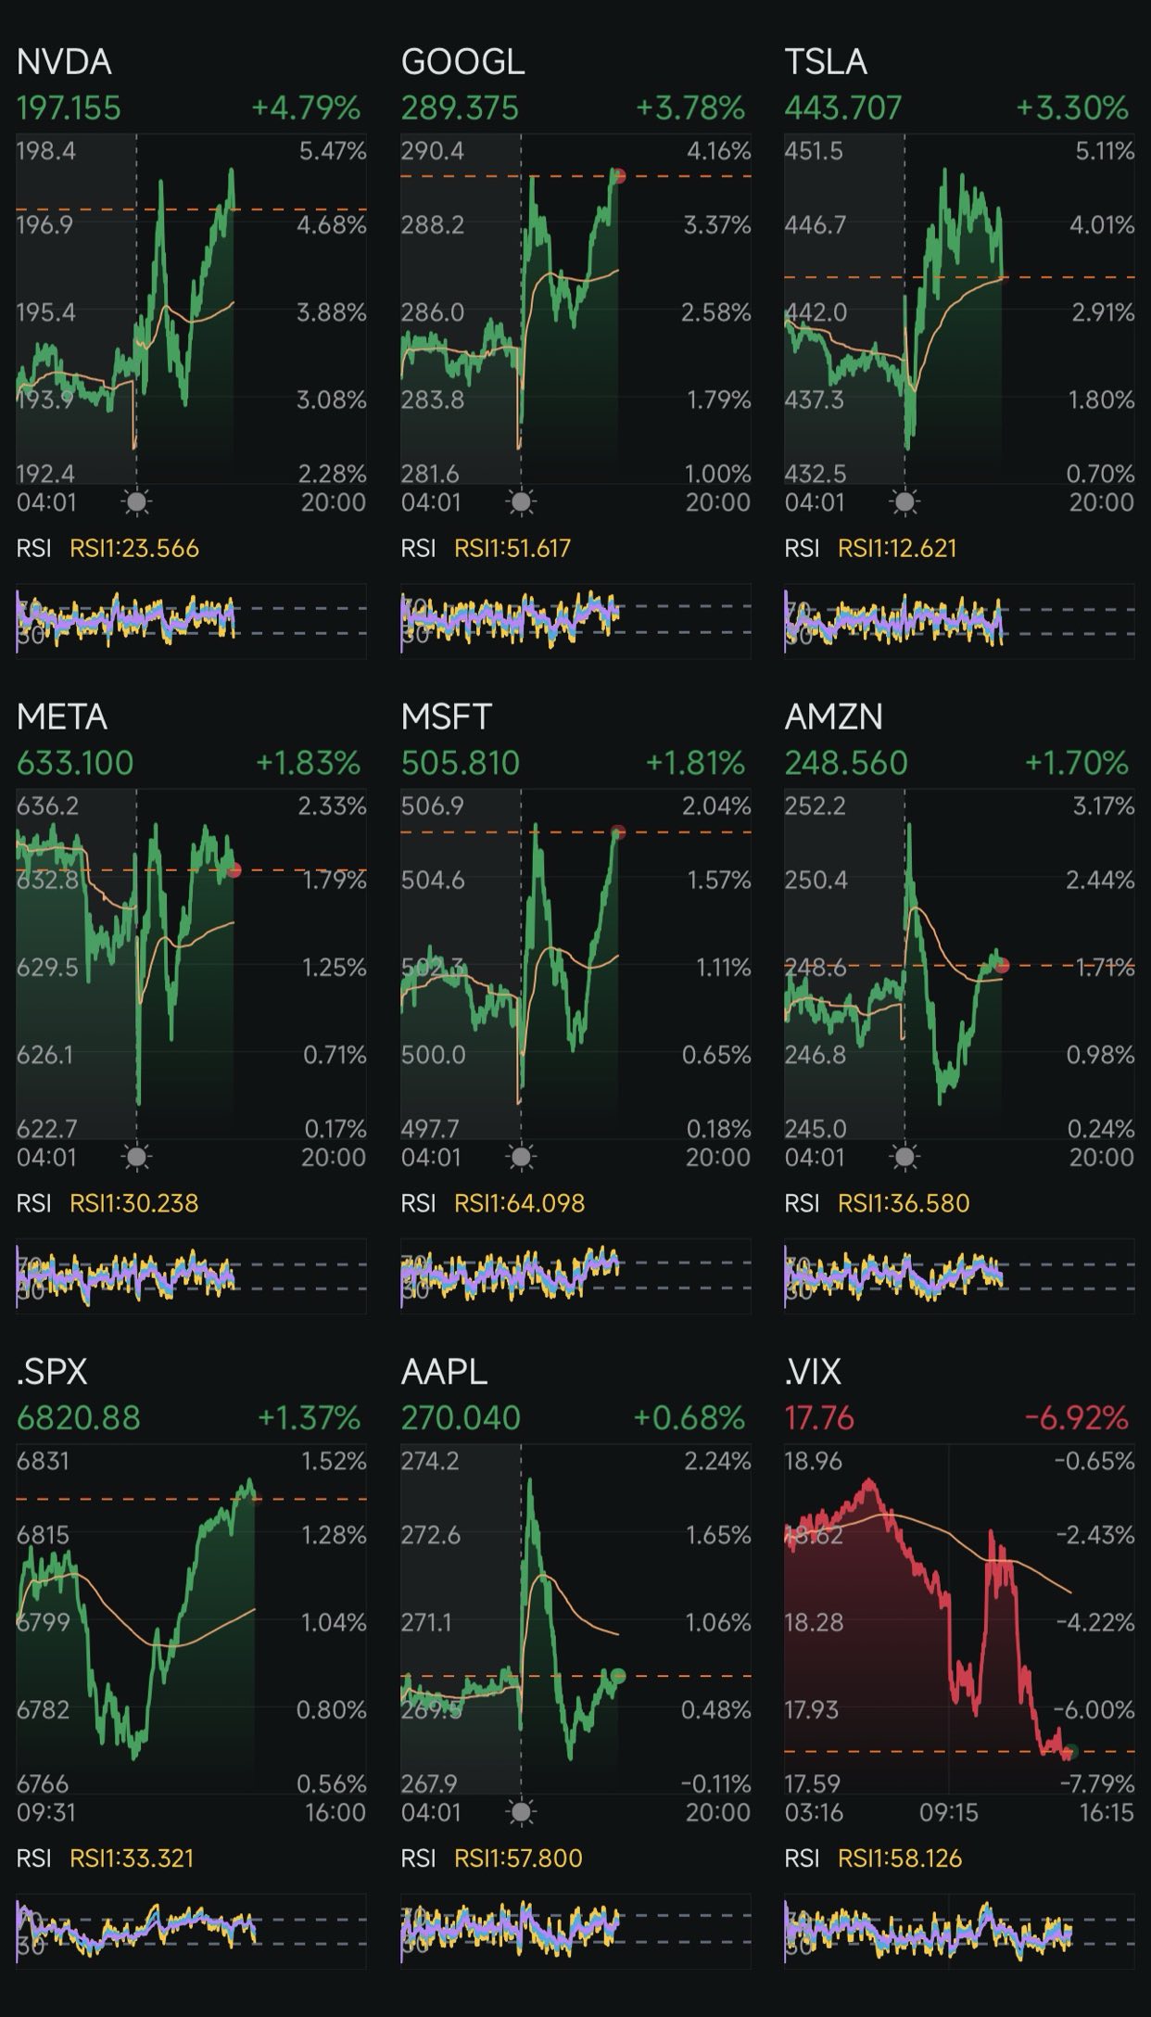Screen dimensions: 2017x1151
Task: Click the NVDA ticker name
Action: (64, 62)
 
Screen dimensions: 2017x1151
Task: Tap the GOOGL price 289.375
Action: (459, 108)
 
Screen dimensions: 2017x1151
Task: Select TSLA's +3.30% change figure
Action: (1072, 108)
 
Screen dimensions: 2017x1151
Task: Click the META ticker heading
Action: (62, 717)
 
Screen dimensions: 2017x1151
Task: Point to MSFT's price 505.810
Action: (460, 763)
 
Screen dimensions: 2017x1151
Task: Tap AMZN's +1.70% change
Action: (1076, 763)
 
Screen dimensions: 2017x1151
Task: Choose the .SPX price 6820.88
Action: (79, 1418)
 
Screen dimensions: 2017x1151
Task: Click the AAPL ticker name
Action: (444, 1372)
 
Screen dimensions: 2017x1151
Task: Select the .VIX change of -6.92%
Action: (1076, 1418)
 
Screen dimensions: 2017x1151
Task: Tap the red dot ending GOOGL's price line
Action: (619, 176)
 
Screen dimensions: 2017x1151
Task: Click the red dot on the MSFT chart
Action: (619, 832)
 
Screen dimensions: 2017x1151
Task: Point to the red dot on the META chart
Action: (234, 869)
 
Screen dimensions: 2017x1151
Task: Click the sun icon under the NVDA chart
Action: (137, 502)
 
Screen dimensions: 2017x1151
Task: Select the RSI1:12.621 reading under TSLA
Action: (896, 549)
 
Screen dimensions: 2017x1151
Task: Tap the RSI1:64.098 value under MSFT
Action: (519, 1203)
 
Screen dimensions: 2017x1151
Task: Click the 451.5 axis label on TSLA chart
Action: (814, 151)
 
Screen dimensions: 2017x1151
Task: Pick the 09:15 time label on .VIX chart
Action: (948, 1812)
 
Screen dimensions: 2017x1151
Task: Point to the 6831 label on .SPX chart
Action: (43, 1462)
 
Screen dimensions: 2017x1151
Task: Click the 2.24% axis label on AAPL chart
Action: (716, 1462)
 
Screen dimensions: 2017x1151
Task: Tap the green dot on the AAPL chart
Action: (618, 1675)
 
